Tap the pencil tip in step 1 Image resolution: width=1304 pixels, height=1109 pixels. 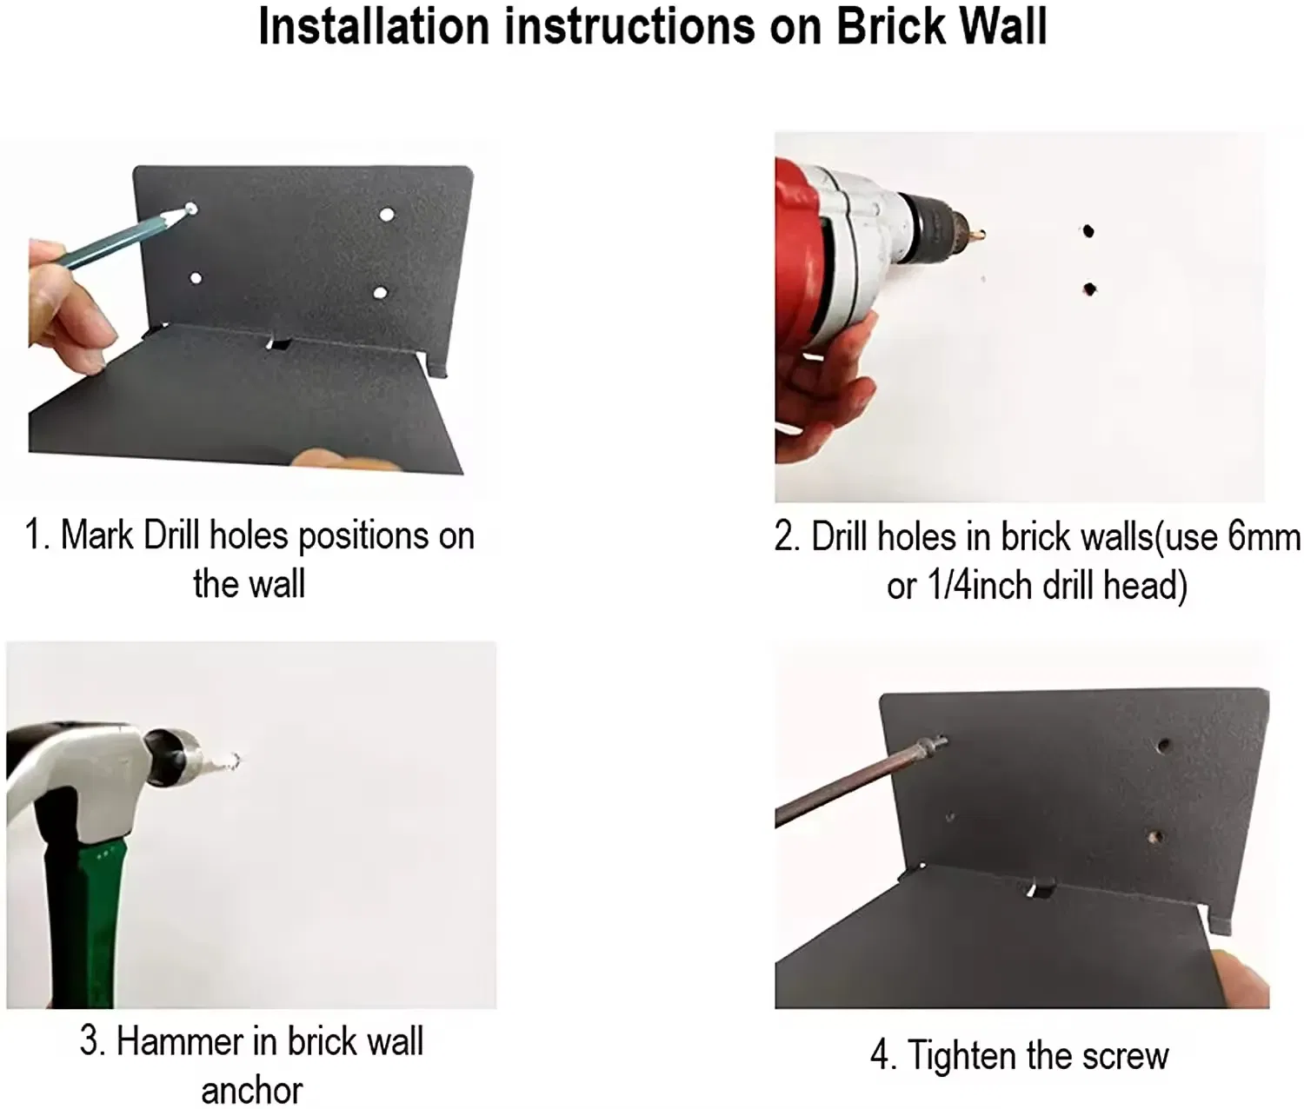(x=189, y=209)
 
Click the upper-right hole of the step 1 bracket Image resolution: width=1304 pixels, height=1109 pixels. (x=387, y=214)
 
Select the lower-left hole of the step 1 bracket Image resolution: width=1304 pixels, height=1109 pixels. (x=196, y=279)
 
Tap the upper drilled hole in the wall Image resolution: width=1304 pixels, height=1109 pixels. (x=1088, y=232)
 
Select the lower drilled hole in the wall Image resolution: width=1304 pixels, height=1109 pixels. (x=1088, y=289)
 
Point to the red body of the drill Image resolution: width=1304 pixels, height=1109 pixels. (x=795, y=252)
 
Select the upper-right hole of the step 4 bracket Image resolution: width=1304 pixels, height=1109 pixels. (x=1163, y=747)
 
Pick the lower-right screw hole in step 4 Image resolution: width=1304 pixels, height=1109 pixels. (x=1155, y=839)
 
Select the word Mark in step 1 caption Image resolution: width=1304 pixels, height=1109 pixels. (x=96, y=535)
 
